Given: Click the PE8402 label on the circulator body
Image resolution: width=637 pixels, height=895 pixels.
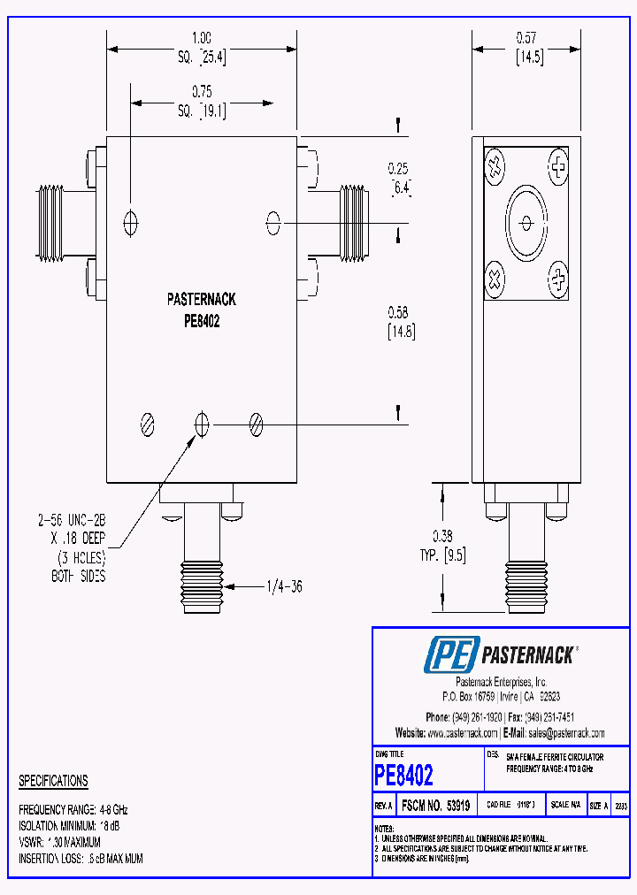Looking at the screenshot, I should tap(202, 322).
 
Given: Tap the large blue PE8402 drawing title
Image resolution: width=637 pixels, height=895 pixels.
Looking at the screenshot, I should tap(404, 776).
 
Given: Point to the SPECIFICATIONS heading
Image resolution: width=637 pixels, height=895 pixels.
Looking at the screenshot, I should tap(53, 781).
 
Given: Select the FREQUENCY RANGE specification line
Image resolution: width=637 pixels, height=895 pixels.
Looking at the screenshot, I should tap(73, 810).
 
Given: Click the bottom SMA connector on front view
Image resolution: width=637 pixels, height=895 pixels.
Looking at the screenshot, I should tap(202, 566).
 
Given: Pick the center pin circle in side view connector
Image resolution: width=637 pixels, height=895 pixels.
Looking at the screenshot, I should tap(526, 222).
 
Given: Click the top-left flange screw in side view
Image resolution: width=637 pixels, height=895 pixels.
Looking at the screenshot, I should tap(495, 164).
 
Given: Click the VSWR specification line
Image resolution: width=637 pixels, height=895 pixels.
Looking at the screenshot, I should tap(59, 842).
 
